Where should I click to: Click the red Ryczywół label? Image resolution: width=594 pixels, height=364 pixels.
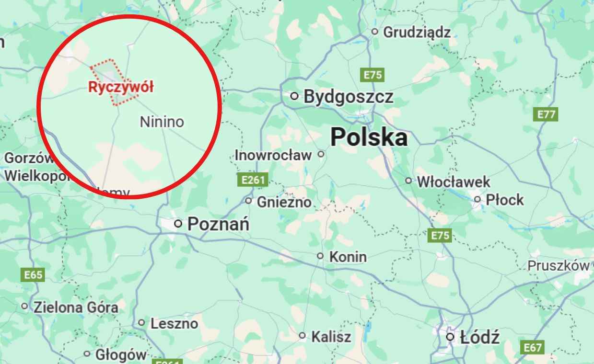(x=121, y=87)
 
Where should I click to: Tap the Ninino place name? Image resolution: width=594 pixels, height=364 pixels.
(x=162, y=122)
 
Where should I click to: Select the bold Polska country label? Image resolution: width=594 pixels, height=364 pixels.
(x=369, y=137)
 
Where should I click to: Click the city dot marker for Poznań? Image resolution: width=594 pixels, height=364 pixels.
(x=178, y=223)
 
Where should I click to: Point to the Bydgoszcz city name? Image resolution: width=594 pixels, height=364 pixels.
(x=349, y=97)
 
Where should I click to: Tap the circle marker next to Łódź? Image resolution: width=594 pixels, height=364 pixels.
(x=450, y=337)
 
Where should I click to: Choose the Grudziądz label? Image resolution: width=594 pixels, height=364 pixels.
(x=417, y=32)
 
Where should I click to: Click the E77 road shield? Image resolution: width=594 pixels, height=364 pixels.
(x=546, y=114)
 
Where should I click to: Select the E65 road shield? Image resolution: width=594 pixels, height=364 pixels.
(x=33, y=275)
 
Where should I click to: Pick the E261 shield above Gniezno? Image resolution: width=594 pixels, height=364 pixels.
(x=252, y=180)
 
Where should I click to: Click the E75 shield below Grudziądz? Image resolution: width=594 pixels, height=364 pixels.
(x=373, y=75)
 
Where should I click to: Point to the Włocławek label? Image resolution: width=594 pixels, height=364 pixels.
(x=453, y=182)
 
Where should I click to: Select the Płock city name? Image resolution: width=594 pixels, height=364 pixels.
(x=504, y=200)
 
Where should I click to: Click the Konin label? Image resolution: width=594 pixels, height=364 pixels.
(x=348, y=257)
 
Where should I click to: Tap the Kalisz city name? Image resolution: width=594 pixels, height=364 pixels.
(x=331, y=337)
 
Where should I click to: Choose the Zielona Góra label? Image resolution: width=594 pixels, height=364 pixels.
(x=75, y=307)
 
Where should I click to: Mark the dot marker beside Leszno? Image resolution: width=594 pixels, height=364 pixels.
(x=141, y=323)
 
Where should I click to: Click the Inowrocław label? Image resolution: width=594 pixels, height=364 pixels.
(x=273, y=155)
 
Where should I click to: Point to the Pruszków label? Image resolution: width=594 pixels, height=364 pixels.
(x=558, y=266)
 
